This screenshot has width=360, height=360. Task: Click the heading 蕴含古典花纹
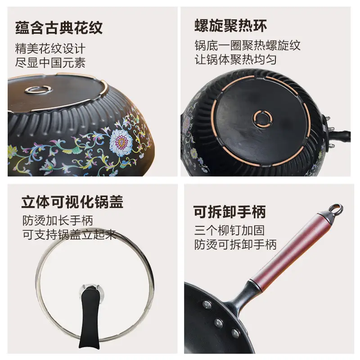pyautogui.click(x=59, y=28)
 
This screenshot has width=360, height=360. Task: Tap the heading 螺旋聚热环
pyautogui.click(x=231, y=25)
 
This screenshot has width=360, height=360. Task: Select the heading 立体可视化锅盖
pyautogui.click(x=72, y=202)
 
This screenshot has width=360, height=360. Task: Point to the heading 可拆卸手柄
pyautogui.click(x=229, y=211)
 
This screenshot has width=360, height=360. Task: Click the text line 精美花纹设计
pyautogui.click(x=50, y=49)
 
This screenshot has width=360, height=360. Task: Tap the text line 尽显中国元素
pyautogui.click(x=50, y=63)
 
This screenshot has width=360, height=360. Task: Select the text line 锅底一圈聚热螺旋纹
pyautogui.click(x=247, y=45)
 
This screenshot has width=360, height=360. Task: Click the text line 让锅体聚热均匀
pyautogui.click(x=235, y=59)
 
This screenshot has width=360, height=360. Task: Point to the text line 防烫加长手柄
pyautogui.click(x=58, y=220)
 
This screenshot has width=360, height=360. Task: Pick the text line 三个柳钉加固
pyautogui.click(x=229, y=230)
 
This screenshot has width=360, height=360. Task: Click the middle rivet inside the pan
pyautogui.click(x=218, y=323)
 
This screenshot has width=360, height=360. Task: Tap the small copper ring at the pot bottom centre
pyautogui.click(x=263, y=118)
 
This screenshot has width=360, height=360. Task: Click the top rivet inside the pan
pyautogui.click(x=207, y=305)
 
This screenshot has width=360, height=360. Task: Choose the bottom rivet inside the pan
pyautogui.click(x=235, y=333)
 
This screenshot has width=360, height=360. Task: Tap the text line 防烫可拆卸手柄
pyautogui.click(x=235, y=244)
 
